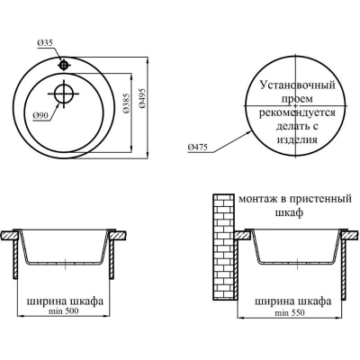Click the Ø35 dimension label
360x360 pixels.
point(45,43)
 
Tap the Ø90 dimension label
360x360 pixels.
point(40,116)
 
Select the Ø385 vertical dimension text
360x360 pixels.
point(126,103)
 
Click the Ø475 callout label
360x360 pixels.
point(197,148)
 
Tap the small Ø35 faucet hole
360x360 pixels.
point(64,65)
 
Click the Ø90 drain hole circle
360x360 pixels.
point(64,94)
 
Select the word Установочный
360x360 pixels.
point(297,85)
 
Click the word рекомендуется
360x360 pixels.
point(297,112)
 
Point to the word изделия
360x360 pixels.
point(297,139)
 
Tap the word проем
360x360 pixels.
point(296,99)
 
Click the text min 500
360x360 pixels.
point(63,311)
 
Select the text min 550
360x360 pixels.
point(290,313)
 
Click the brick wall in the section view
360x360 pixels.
point(223,247)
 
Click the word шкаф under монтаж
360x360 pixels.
point(289,212)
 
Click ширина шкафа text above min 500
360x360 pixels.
point(65,301)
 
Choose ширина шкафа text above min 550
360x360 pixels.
point(293,301)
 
